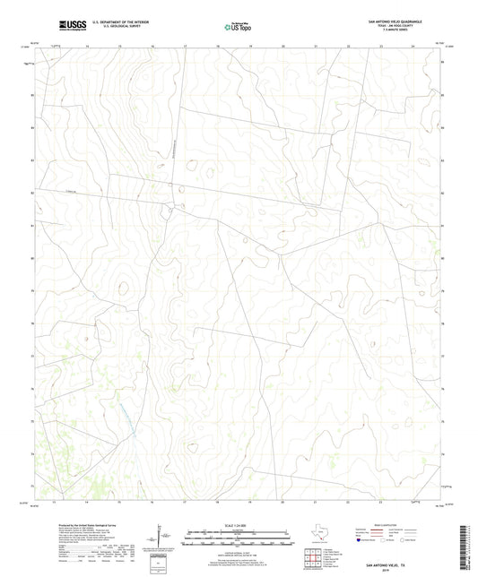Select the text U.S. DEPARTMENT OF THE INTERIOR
114,21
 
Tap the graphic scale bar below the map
239,539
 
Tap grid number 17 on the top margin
185,45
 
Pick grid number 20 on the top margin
282,45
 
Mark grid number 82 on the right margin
441,193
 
